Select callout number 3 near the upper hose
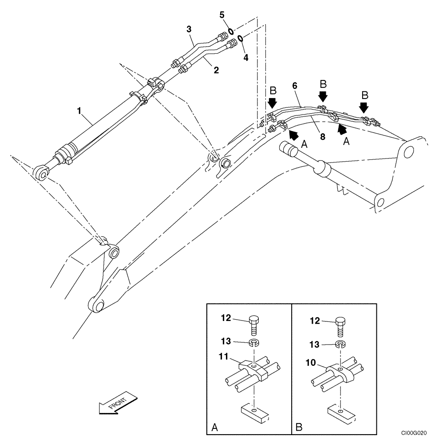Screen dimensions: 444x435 pyautogui.click(x=189, y=30)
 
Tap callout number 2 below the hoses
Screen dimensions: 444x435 pyautogui.click(x=217, y=70)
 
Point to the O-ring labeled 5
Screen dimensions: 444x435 pyautogui.click(x=231, y=31)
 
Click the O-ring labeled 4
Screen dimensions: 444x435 pyautogui.click(x=240, y=38)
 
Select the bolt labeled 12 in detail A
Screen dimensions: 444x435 pyautogui.click(x=253, y=324)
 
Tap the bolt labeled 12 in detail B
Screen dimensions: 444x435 pyautogui.click(x=340, y=324)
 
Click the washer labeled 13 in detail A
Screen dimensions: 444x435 pyautogui.click(x=253, y=342)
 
